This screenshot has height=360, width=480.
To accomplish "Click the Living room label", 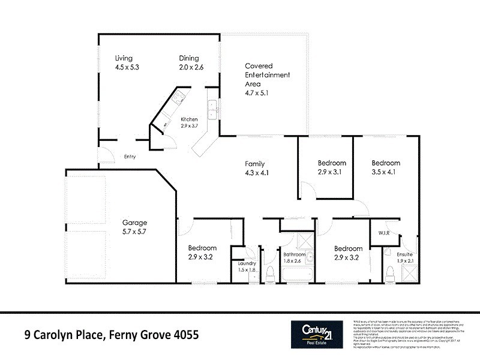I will pyautogui.click(x=124, y=58).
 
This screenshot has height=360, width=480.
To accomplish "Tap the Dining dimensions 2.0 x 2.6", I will pyautogui.click(x=191, y=68).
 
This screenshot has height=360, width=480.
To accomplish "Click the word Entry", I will pyautogui.click(x=130, y=157).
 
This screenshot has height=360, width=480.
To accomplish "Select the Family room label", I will pyautogui.click(x=254, y=164).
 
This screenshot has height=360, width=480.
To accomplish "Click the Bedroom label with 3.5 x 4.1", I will pyautogui.click(x=385, y=163).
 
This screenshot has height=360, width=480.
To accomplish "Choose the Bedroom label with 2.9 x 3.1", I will pyautogui.click(x=332, y=163).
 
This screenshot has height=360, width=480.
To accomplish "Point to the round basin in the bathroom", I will pyautogui.click(x=310, y=259).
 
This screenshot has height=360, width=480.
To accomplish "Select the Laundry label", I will pyautogui.click(x=248, y=263).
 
